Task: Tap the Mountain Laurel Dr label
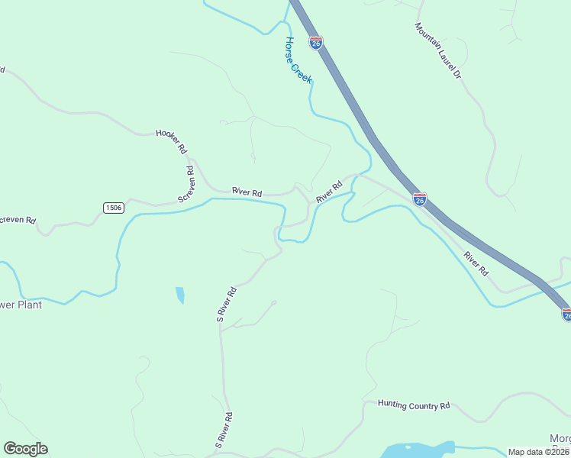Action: pos(438,51)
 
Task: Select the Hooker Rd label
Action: pos(171,141)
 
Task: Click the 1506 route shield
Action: pos(113,208)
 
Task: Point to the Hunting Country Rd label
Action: pos(415,405)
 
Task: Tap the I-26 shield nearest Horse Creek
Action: pos(316,43)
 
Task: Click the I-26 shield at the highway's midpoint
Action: pos(420,199)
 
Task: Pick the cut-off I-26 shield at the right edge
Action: pos(566,314)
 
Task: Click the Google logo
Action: pos(25,449)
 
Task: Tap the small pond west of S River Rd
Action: pos(180,295)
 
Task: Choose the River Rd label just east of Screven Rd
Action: pos(247,192)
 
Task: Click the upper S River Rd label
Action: pos(227,304)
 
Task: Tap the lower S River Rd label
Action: pos(224,429)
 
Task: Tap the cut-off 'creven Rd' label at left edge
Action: pos(18,220)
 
